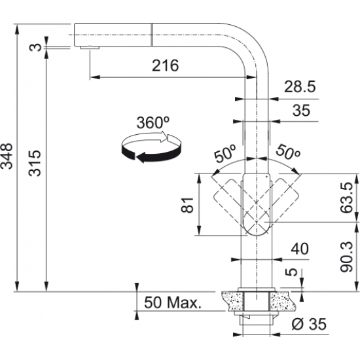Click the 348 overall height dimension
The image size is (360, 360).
[7, 156]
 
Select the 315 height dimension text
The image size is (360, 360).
[35, 164]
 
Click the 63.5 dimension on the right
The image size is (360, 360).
[348, 197]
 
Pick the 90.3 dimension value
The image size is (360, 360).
[348, 254]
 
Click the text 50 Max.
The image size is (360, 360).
[172, 303]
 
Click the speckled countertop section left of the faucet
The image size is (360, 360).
[230, 301]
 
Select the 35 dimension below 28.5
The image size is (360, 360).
[300, 111]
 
